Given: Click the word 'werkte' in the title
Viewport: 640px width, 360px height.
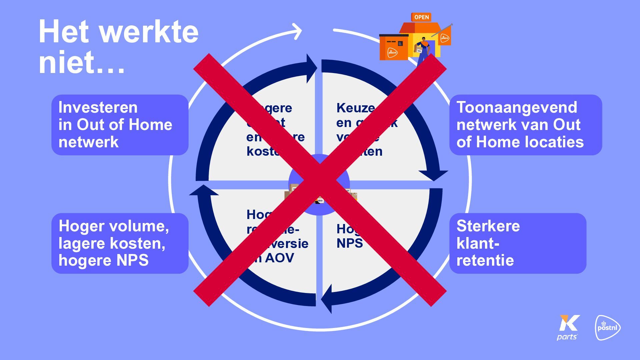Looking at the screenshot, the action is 149,32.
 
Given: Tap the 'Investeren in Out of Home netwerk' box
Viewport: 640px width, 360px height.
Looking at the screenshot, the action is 120,125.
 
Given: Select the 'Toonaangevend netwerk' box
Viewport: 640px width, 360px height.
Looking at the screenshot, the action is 525,125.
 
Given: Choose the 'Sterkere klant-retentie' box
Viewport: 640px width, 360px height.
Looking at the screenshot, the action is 517,243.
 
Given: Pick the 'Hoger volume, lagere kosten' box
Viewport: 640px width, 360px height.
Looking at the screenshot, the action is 120,243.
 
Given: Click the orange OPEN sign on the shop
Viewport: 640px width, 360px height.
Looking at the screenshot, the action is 421,17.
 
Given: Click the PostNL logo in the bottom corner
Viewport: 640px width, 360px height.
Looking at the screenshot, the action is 608,328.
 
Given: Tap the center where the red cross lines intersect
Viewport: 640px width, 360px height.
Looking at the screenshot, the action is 320,180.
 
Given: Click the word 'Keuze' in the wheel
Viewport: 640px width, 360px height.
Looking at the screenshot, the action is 355,108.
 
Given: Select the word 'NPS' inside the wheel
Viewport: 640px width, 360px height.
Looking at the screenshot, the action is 349,243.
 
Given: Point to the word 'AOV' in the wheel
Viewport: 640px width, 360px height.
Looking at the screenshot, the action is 279,258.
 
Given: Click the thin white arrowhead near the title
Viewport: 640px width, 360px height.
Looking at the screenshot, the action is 297,31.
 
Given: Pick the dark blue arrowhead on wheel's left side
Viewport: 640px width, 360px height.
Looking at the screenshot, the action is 203,191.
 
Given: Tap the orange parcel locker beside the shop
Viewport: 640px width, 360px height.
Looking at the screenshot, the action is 394,47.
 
